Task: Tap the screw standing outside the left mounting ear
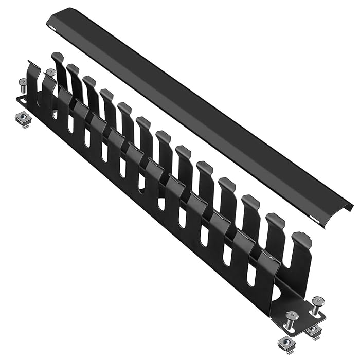coord(23,86)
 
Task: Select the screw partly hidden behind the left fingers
coord(50,74)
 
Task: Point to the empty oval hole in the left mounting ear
coord(22,100)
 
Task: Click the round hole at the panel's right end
coord(278,294)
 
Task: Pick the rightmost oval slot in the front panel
coord(250,275)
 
